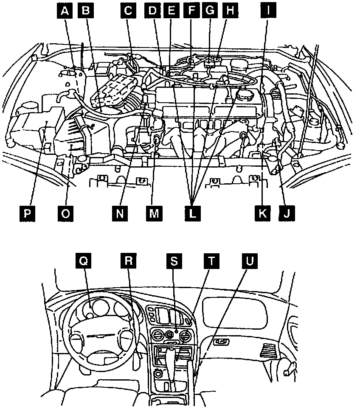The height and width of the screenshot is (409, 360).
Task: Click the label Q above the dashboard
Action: pos(84,261)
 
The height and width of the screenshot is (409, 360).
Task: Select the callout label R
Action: pos(128,261)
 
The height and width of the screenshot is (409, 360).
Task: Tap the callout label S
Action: pos(174,261)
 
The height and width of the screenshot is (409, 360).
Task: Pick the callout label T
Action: pos(211,261)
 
